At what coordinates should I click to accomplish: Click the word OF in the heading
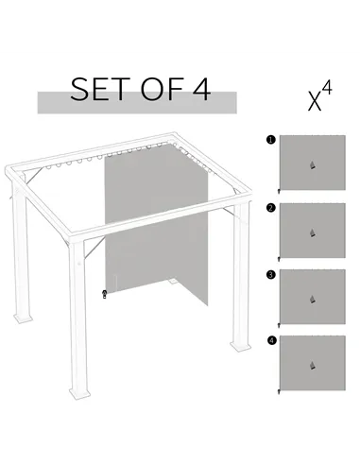(x=162, y=91)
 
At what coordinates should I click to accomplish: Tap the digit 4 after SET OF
(x=199, y=91)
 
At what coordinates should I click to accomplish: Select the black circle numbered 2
(x=271, y=206)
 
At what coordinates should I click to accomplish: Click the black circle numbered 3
(x=271, y=274)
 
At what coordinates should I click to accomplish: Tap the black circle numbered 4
(x=271, y=340)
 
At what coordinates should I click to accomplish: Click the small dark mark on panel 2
(x=311, y=232)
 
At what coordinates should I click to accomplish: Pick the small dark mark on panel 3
(x=311, y=299)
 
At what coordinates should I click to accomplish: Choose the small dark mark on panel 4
(x=311, y=365)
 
